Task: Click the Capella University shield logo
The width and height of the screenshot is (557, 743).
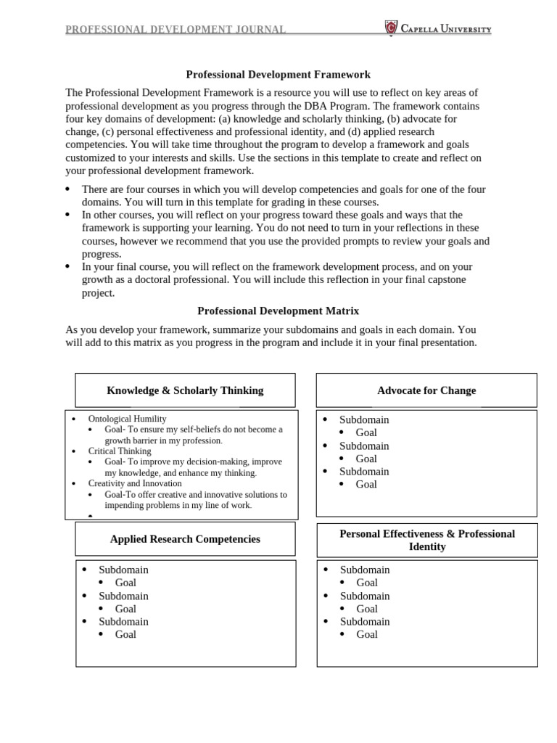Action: tap(391, 29)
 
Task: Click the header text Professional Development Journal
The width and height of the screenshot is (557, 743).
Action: tap(176, 30)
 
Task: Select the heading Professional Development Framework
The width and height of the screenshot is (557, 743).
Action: tap(278, 74)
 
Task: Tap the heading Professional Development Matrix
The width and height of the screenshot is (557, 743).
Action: tap(278, 311)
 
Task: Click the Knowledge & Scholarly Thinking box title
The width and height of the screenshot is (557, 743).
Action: tap(185, 390)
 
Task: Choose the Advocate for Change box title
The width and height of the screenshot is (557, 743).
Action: tap(426, 390)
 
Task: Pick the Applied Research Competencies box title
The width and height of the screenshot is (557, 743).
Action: tap(185, 539)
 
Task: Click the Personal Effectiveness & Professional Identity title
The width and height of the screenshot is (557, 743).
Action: tap(426, 540)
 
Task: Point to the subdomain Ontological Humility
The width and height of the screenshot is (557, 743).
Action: tap(127, 419)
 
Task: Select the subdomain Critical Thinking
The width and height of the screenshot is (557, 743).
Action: tap(120, 451)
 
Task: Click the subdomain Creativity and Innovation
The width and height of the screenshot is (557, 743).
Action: tap(135, 483)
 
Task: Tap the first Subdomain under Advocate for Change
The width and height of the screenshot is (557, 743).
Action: tap(364, 419)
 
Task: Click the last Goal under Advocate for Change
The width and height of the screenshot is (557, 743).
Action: tap(366, 484)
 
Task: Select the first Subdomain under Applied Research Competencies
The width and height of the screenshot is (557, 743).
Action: tap(123, 570)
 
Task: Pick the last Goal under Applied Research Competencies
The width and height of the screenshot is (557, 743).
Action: tap(125, 634)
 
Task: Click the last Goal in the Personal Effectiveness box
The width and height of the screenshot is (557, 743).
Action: tap(367, 634)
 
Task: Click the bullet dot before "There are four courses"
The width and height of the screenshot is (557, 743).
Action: tap(67, 189)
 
